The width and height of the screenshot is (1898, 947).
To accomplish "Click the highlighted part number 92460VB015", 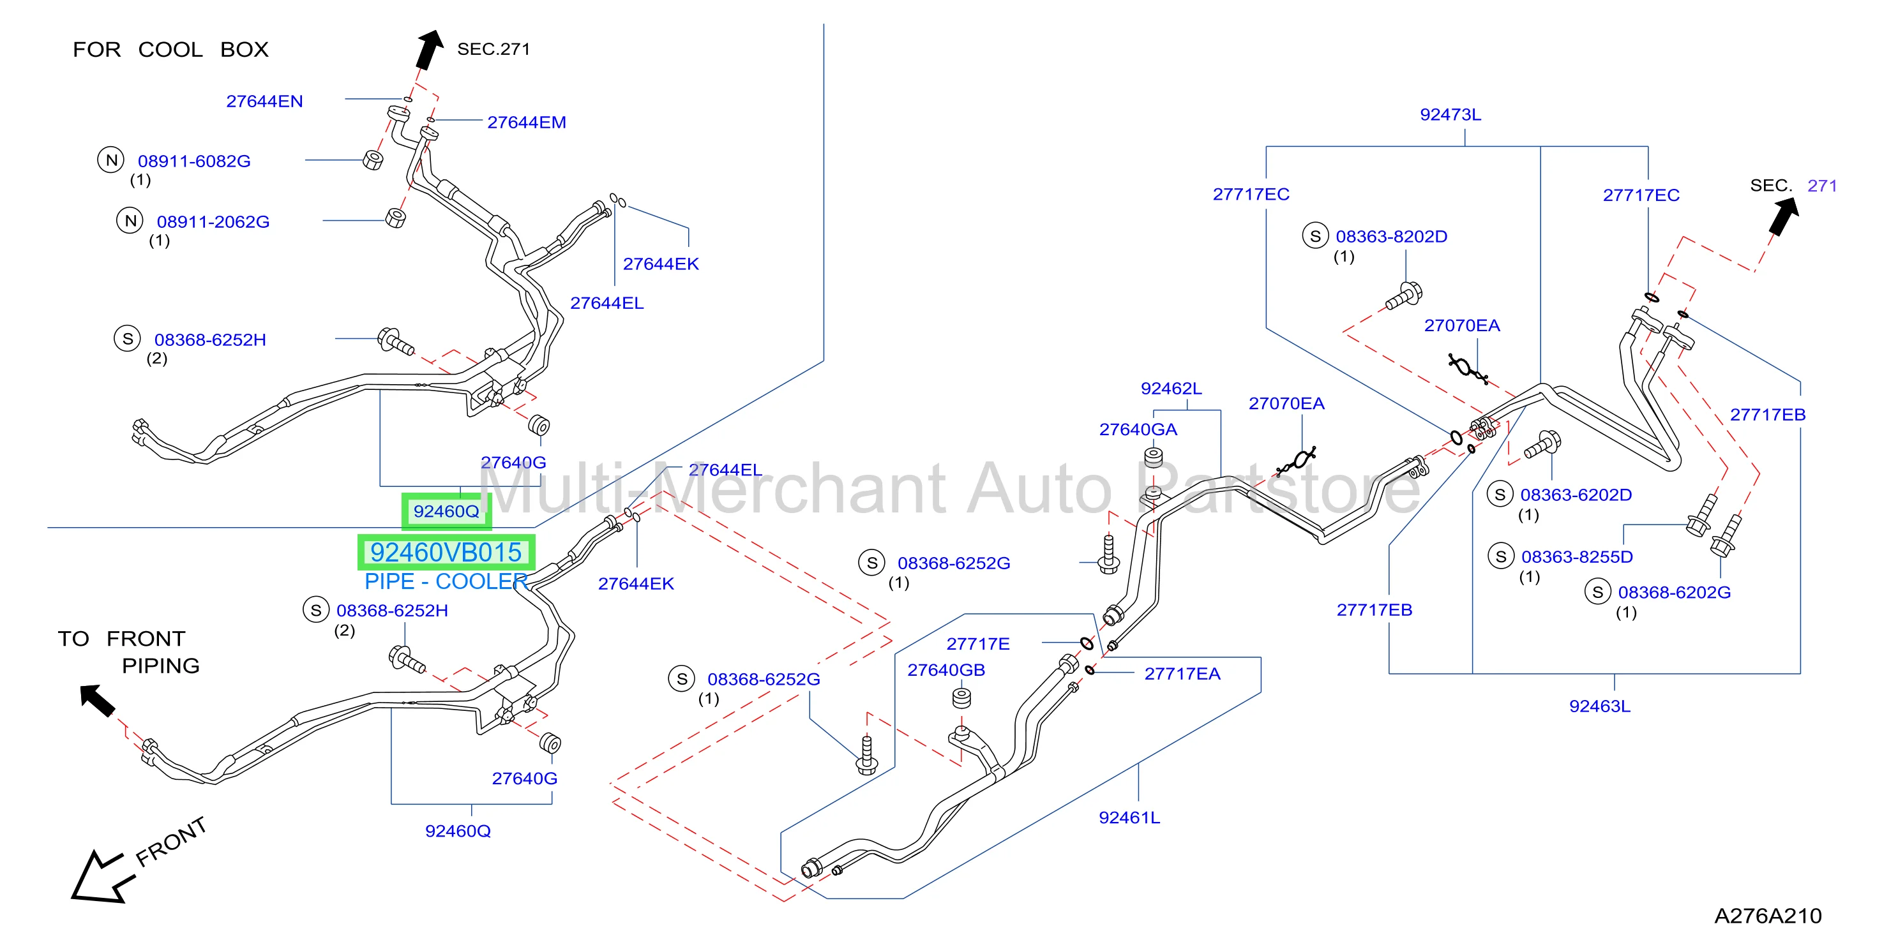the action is tap(446, 552).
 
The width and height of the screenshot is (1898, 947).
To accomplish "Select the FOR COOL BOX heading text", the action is tap(170, 49).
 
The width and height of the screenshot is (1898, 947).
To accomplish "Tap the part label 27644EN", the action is tap(264, 101).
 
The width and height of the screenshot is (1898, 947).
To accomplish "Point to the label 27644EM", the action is tap(527, 123).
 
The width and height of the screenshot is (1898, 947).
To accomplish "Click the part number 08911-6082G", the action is tap(195, 161).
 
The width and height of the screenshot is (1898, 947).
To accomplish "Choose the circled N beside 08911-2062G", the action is tap(130, 220).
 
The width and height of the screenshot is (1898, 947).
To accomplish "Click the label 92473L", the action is tap(1450, 114).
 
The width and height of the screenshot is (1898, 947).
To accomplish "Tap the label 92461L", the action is tap(1129, 817).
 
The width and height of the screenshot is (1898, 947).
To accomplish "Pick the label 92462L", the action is tap(1171, 388).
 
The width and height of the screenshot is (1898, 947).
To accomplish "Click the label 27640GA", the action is tap(1138, 429).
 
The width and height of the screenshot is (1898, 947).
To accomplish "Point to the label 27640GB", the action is tap(946, 669).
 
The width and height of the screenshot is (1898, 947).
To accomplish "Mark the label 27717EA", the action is tap(1182, 673).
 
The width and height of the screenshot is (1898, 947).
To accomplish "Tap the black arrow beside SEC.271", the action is tap(429, 49).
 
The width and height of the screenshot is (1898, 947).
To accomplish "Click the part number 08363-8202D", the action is tap(1391, 236).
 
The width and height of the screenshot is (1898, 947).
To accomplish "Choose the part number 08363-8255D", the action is tap(1577, 556).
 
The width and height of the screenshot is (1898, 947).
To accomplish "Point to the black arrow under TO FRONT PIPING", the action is tap(97, 700).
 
